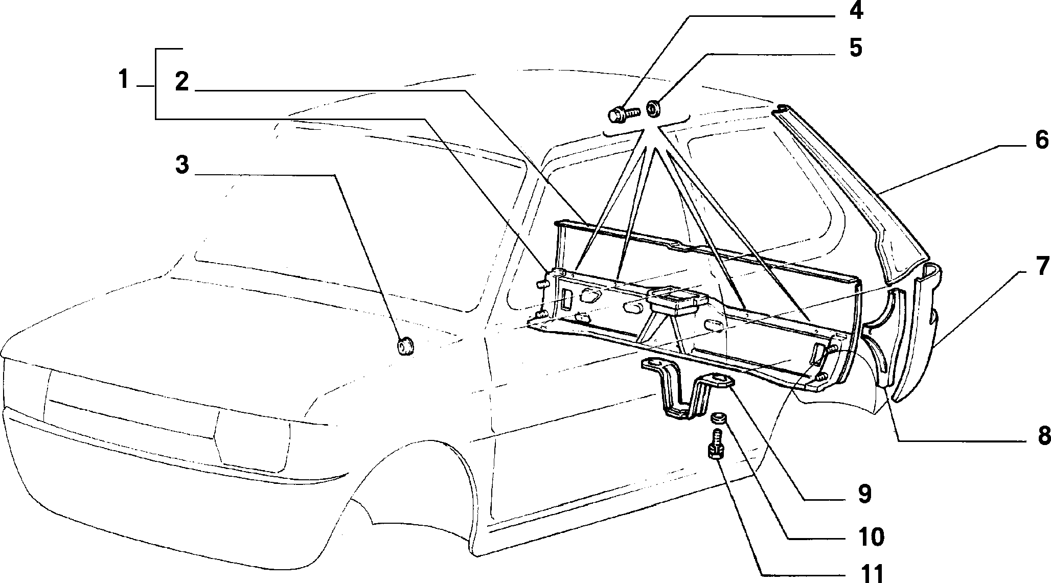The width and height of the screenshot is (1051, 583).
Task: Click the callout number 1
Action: click(123, 80)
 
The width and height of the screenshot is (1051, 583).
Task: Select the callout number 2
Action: click(181, 81)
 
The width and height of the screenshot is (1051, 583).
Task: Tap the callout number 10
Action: click(867, 537)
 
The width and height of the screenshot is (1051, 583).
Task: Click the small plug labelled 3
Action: click(405, 346)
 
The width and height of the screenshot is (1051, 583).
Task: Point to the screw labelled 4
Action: click(624, 114)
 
